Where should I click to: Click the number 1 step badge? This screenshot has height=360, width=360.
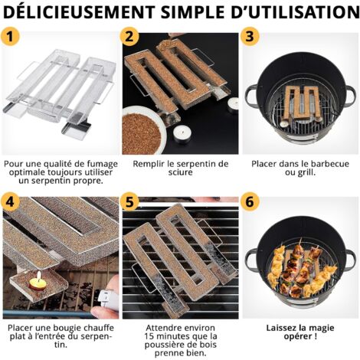coord(11,37)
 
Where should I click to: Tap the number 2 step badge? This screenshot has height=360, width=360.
coord(131,38)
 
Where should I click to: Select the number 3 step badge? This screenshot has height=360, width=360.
coord(250,37)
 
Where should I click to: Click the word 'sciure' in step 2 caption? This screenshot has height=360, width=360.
coord(180,174)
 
